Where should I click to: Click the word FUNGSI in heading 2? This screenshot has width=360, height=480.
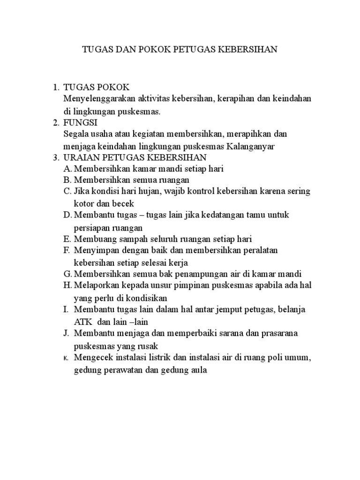80,123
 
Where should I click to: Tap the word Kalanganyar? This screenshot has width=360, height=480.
251,146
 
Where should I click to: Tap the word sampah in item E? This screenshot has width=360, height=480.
125,239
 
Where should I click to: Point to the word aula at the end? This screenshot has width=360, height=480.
198,370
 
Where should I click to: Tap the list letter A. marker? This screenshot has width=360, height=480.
67,169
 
